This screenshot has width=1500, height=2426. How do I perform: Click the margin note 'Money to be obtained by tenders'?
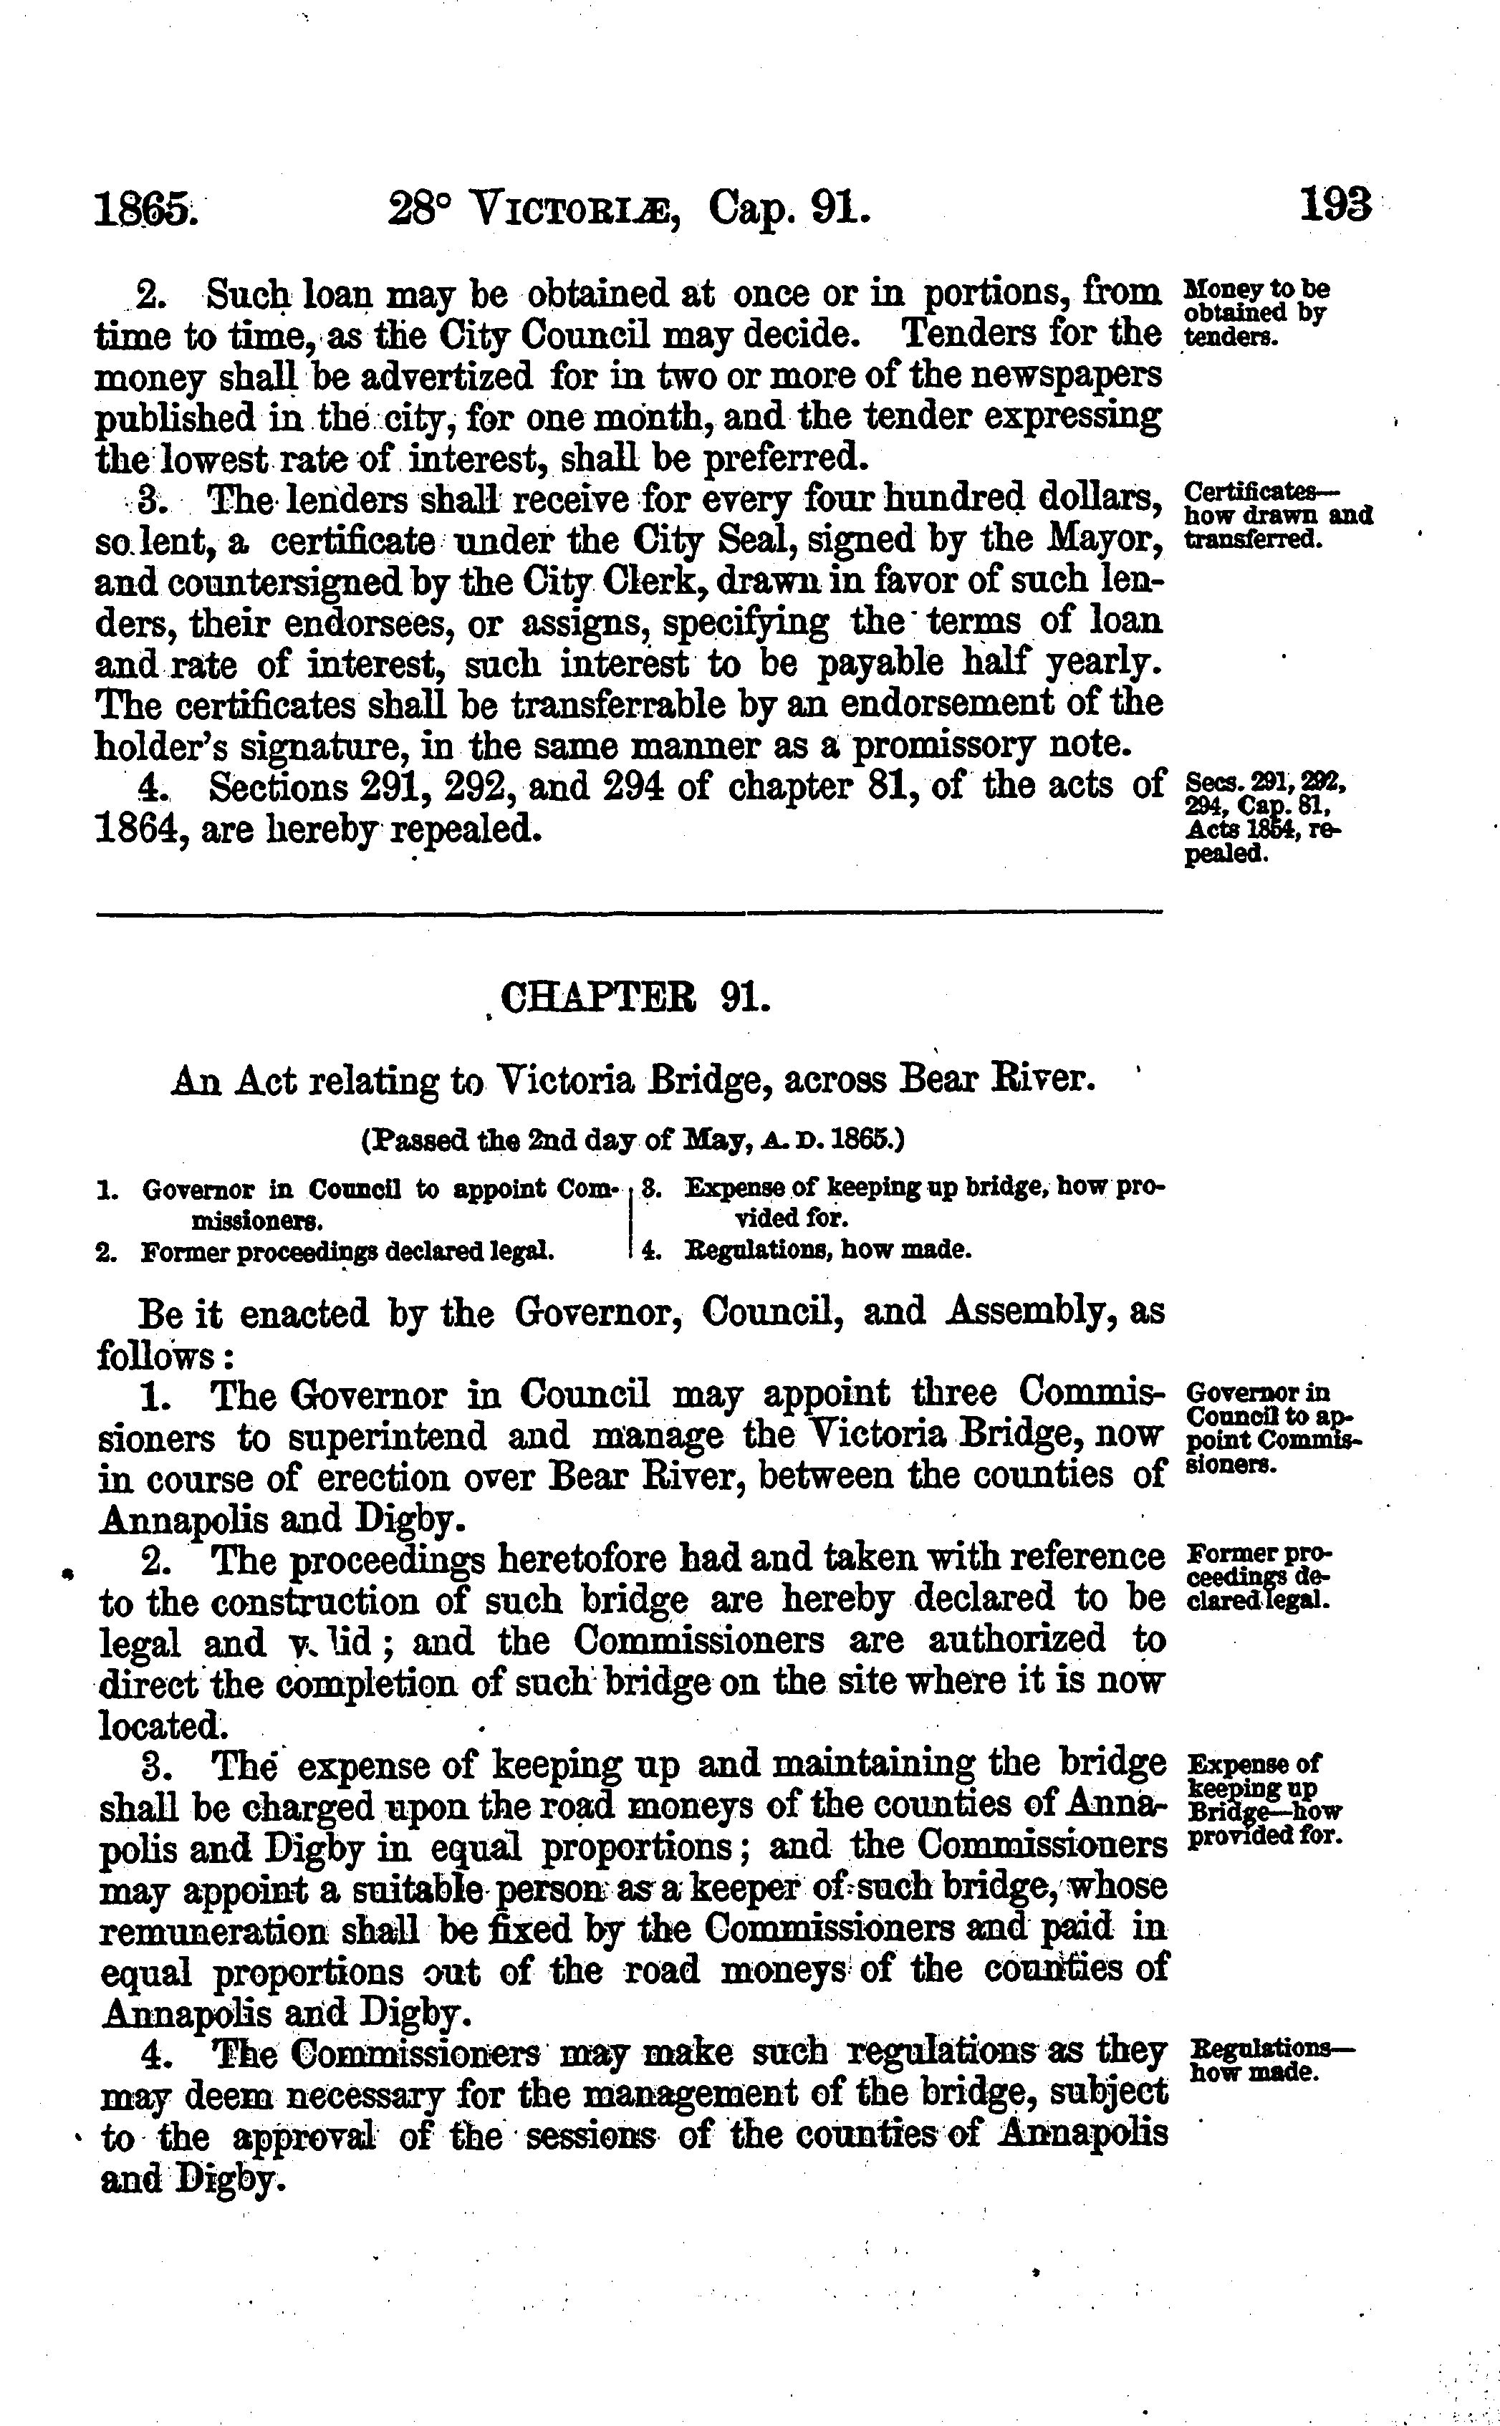[x=1256, y=312]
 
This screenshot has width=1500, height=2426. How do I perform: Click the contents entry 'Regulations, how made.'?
[x=828, y=1250]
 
